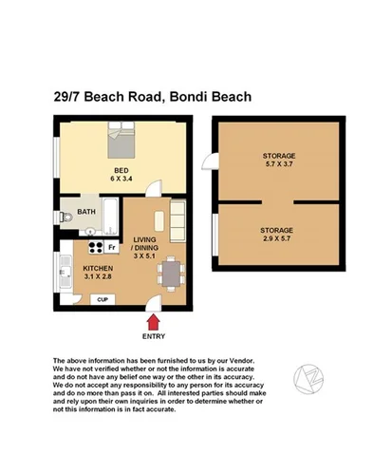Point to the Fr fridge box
coord(110,248)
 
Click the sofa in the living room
coord(178,221)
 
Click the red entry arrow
coord(152,325)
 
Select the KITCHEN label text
coord(98,269)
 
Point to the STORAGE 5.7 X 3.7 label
coord(279,160)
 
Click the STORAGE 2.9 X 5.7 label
coord(279,235)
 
